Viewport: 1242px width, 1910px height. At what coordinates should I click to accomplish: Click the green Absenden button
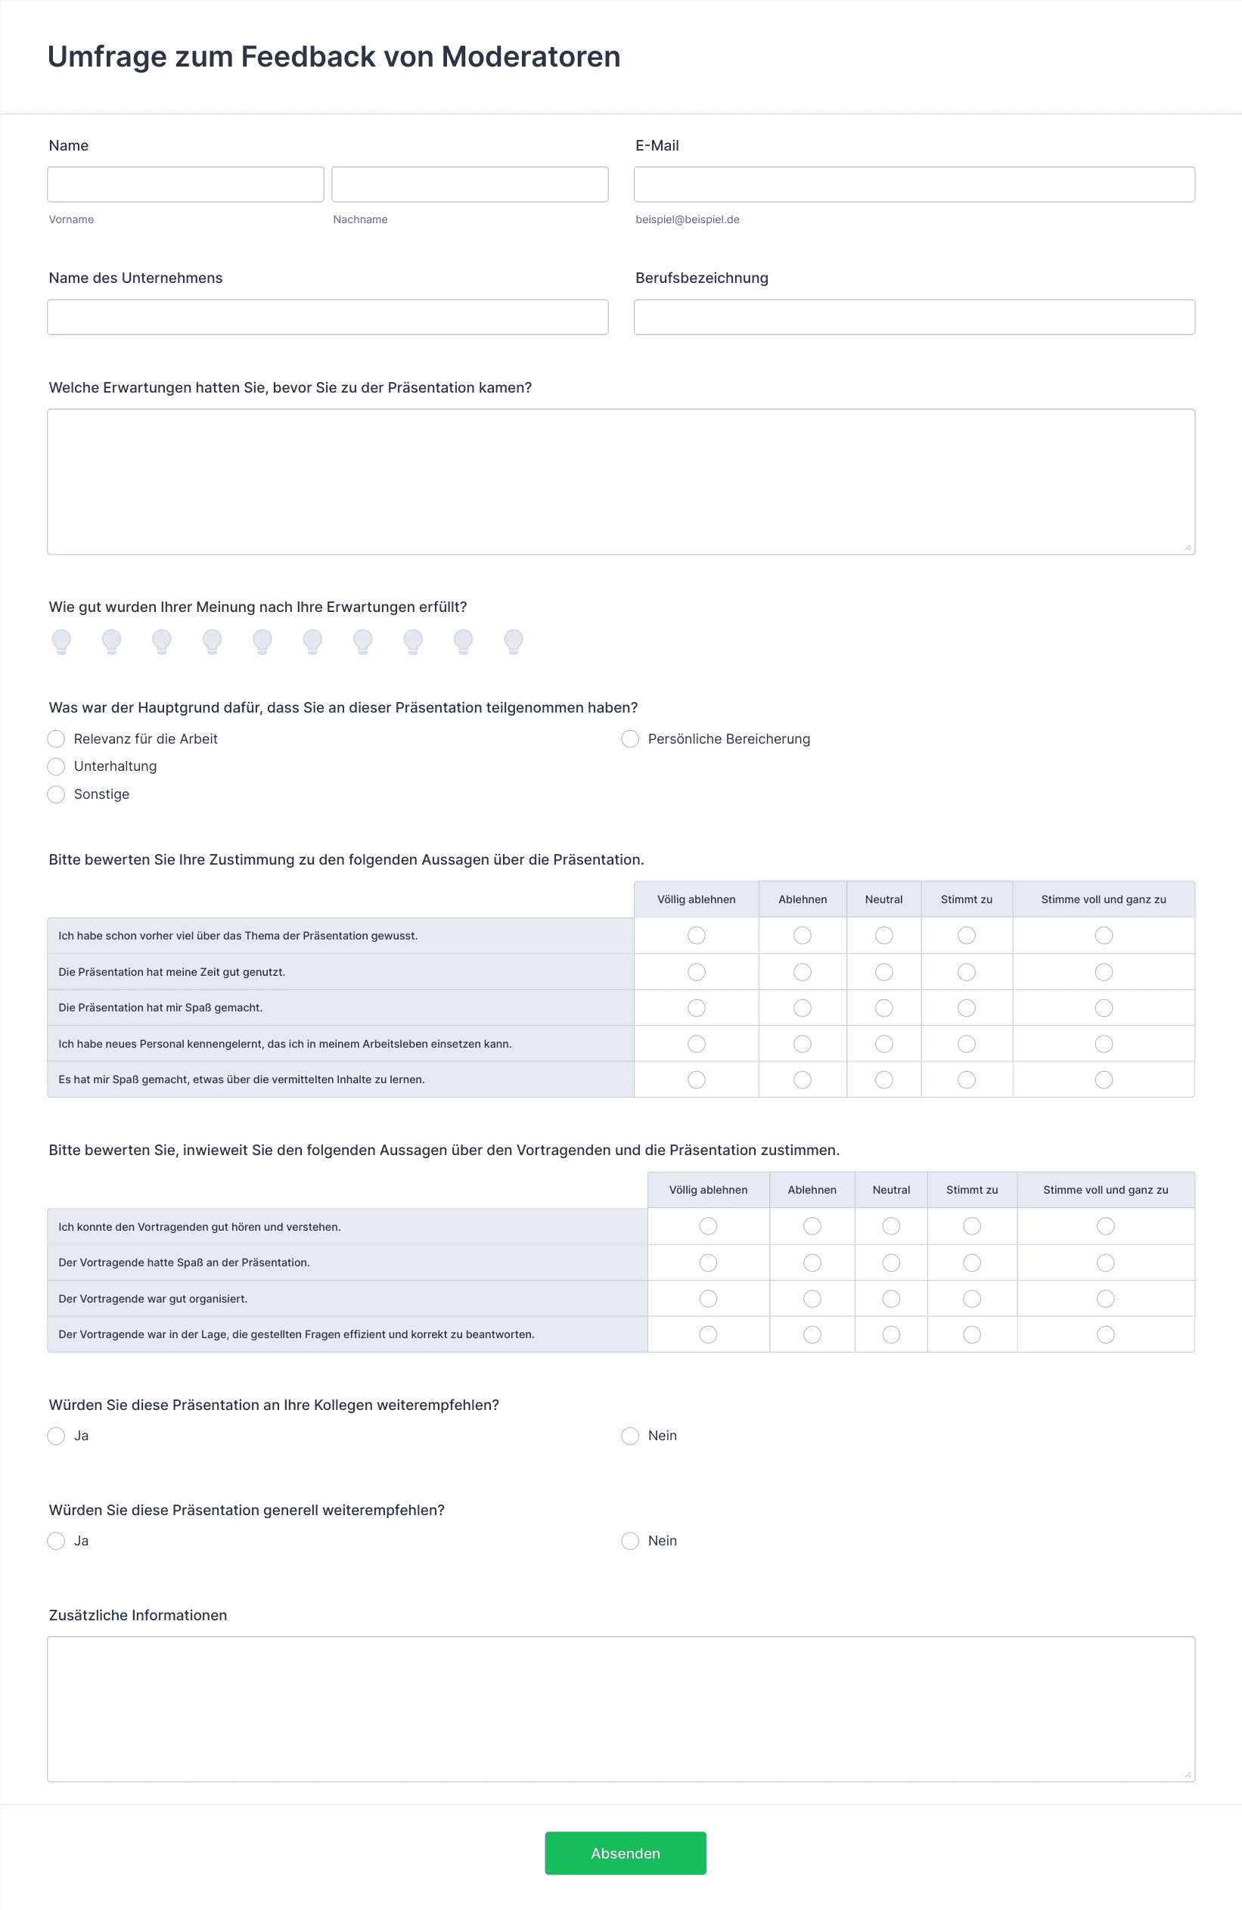pyautogui.click(x=625, y=1853)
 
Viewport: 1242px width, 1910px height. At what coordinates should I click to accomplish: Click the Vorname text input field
pyautogui.click(x=185, y=185)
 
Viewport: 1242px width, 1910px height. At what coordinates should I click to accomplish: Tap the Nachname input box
pyautogui.click(x=470, y=185)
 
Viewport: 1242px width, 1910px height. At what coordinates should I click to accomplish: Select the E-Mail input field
pyautogui.click(x=914, y=185)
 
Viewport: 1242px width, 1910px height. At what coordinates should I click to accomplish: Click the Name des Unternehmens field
pyautogui.click(x=328, y=317)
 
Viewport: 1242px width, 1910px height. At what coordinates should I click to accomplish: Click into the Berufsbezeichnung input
pyautogui.click(x=914, y=317)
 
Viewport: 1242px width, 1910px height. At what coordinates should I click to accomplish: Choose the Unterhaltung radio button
pyautogui.click(x=56, y=766)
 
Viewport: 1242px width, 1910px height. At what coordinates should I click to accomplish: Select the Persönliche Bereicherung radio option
pyautogui.click(x=631, y=739)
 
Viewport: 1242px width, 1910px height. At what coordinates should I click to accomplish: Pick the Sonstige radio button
pyautogui.click(x=56, y=794)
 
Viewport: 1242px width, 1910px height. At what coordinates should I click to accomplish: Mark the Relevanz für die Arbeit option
pyautogui.click(x=56, y=739)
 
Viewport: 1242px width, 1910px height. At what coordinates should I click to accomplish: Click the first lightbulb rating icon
pyautogui.click(x=62, y=641)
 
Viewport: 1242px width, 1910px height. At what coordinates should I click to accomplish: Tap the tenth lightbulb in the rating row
pyautogui.click(x=514, y=641)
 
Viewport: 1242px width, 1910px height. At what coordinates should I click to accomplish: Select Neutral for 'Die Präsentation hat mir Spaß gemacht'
pyautogui.click(x=883, y=1008)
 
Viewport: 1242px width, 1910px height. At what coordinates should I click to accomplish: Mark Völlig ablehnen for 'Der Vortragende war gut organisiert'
pyautogui.click(x=708, y=1299)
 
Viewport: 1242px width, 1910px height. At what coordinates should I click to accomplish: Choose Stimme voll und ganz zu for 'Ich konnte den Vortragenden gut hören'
pyautogui.click(x=1105, y=1226)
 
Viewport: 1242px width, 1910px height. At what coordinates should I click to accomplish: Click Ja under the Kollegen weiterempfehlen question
pyautogui.click(x=56, y=1436)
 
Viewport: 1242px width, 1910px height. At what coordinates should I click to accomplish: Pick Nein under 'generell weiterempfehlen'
pyautogui.click(x=631, y=1541)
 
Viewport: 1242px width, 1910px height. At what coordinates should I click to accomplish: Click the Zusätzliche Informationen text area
pyautogui.click(x=621, y=1709)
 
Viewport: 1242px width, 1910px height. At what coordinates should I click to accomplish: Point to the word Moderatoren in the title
pyautogui.click(x=530, y=57)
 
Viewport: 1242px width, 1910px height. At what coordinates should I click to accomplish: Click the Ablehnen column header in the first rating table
pyautogui.click(x=803, y=899)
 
